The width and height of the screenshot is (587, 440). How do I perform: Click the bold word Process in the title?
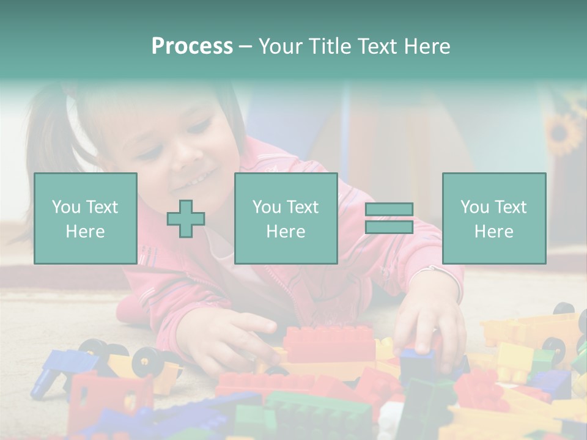(x=192, y=46)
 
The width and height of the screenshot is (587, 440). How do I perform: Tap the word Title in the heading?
(x=329, y=46)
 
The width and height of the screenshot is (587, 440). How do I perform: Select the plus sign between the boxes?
(x=186, y=219)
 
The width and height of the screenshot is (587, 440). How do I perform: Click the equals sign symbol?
(x=389, y=218)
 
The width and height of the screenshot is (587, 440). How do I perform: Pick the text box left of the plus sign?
(x=86, y=218)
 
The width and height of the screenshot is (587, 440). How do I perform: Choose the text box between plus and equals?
(x=286, y=218)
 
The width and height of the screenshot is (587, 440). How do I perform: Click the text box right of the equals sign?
(x=493, y=218)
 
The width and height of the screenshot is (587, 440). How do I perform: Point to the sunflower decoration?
(x=563, y=133)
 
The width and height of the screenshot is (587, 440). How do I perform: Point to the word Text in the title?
(x=378, y=46)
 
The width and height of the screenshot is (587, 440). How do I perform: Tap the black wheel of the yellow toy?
(x=147, y=362)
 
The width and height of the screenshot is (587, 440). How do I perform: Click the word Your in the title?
(x=281, y=46)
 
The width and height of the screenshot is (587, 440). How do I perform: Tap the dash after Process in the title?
(x=245, y=46)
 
